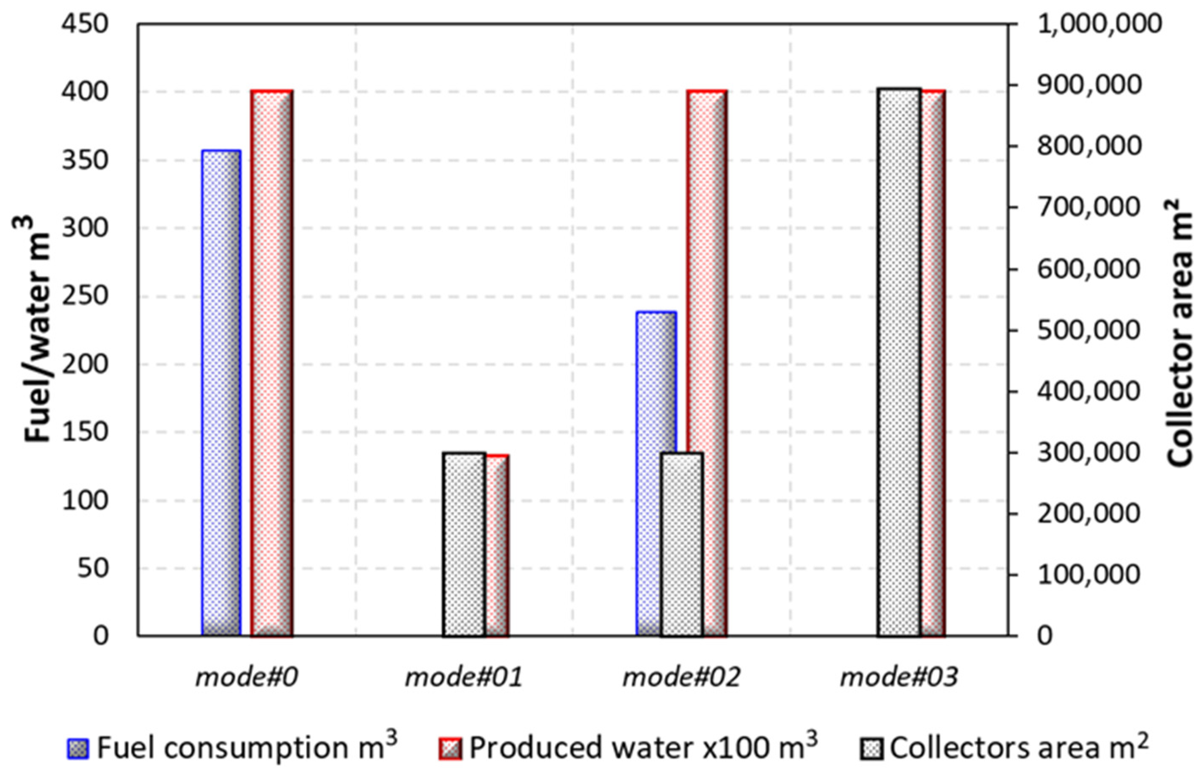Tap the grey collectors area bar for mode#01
pos(465,544)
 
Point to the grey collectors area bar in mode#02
pos(681,544)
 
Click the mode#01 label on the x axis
pos(464,677)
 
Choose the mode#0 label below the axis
pos(246,677)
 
